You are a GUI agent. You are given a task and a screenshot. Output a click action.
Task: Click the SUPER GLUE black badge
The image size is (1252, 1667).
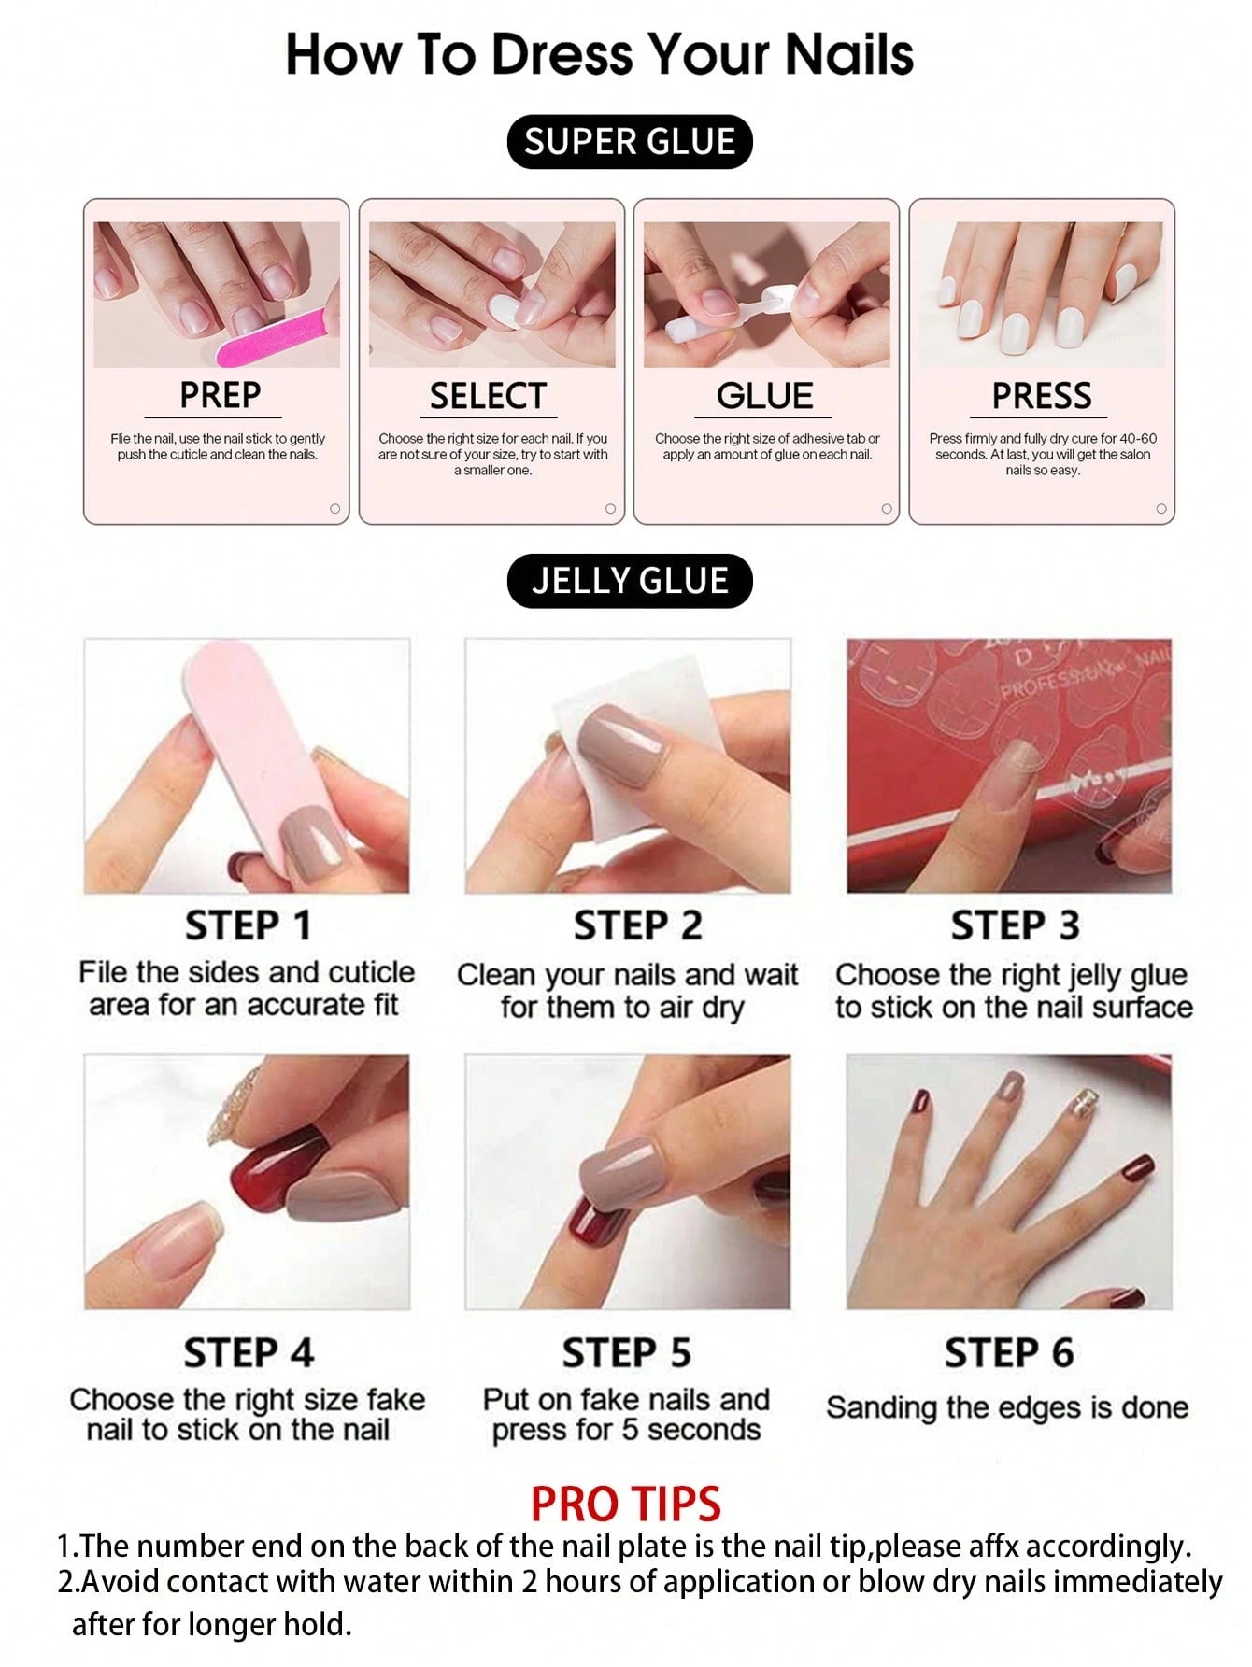coord(629,142)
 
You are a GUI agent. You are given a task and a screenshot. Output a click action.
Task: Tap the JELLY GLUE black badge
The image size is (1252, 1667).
coord(629,581)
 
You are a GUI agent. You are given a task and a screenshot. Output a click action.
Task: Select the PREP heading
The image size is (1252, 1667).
coord(220,395)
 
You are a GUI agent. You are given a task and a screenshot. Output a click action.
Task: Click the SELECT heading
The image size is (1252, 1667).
coord(487,396)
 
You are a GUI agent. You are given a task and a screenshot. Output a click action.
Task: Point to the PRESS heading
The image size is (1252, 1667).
coord(1041,396)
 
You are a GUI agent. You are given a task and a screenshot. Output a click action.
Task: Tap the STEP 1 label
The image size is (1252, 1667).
coord(248,925)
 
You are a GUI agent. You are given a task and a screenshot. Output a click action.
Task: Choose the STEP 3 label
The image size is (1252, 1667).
coord(1015,925)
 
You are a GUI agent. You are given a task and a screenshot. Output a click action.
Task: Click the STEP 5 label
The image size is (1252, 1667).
coord(626,1352)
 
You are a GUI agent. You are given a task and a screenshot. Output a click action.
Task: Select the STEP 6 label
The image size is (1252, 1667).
coord(1009,1352)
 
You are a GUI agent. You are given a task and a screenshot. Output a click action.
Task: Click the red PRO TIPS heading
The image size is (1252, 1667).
coord(625,1505)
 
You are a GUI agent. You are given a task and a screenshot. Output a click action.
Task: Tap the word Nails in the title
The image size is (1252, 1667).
coord(848,54)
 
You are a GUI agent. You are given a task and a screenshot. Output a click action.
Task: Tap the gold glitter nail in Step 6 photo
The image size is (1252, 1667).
coord(1073,1102)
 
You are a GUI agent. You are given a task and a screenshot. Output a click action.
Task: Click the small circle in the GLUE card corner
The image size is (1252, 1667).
coord(886,509)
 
